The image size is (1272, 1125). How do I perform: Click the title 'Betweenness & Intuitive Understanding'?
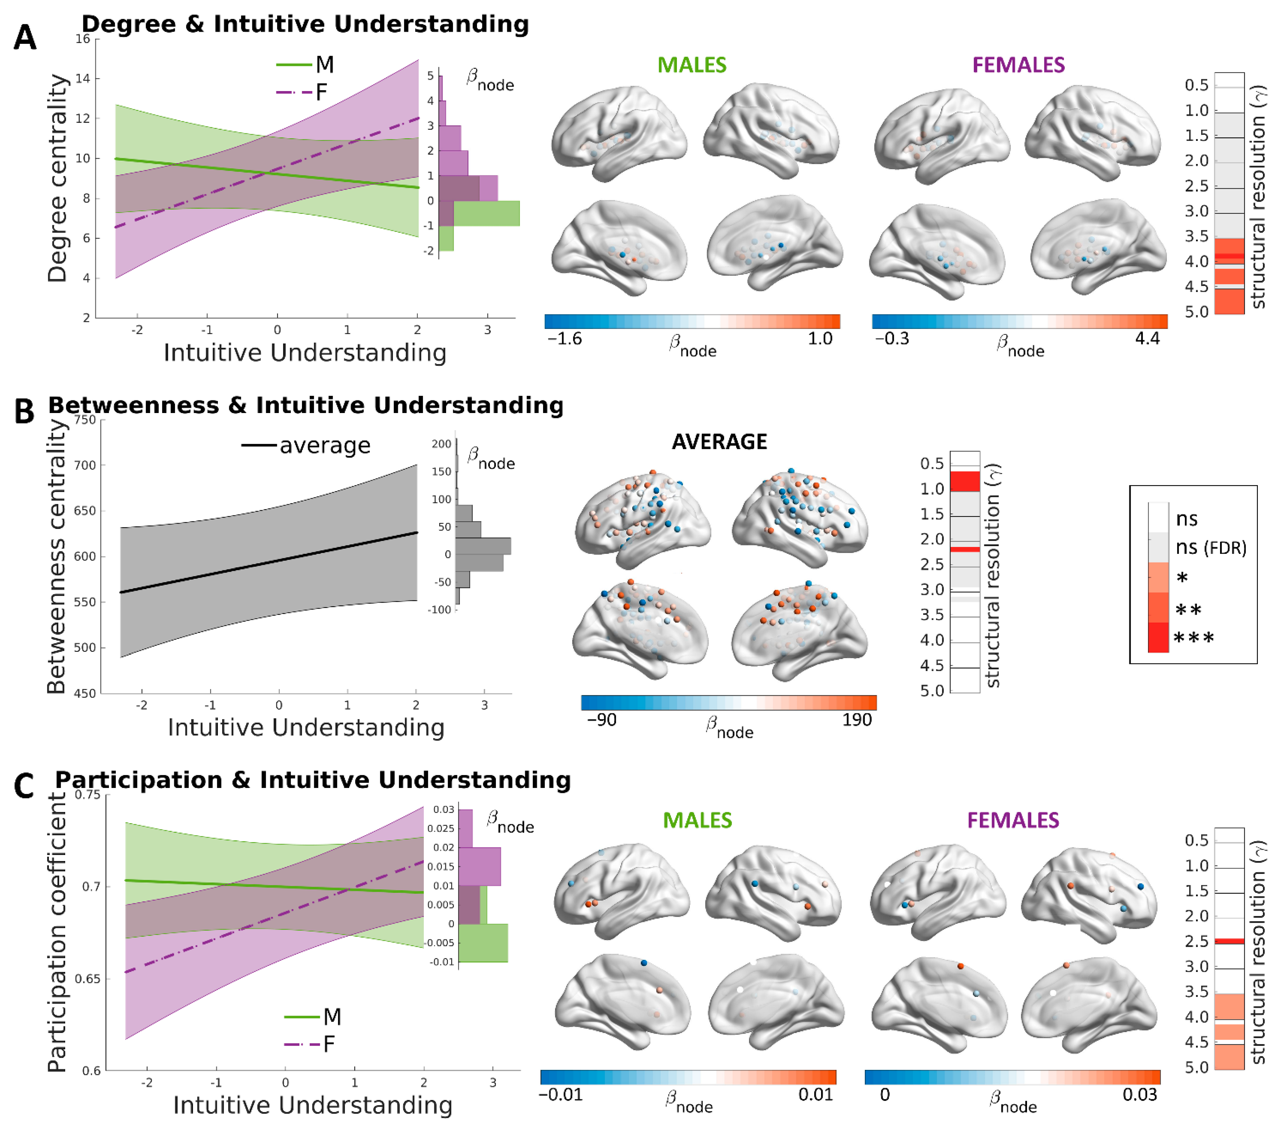point(305,405)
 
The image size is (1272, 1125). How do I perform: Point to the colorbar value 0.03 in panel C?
point(1139,1094)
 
